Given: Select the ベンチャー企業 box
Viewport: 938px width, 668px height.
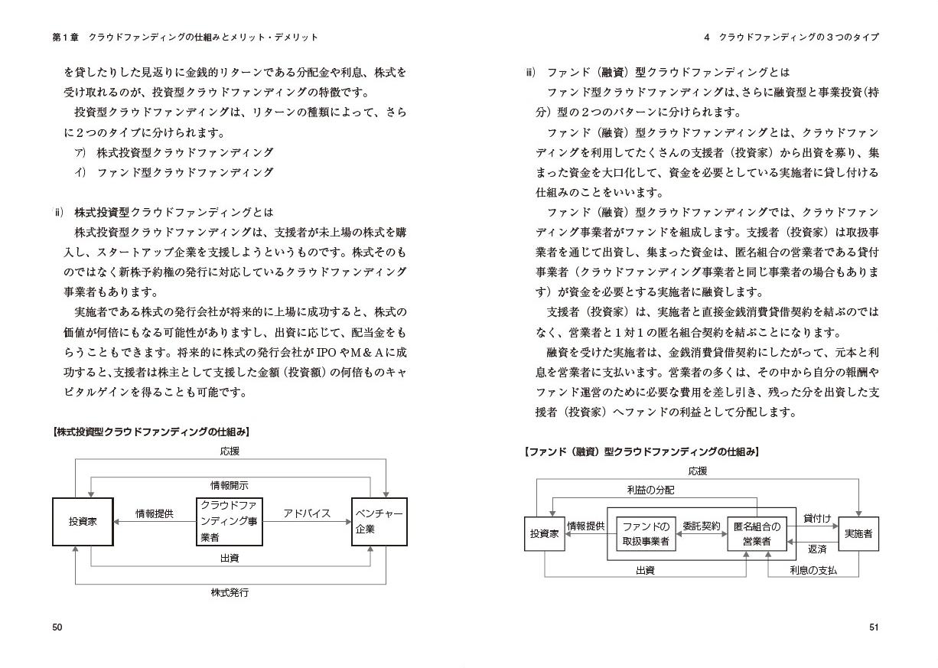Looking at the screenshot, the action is coord(379,521).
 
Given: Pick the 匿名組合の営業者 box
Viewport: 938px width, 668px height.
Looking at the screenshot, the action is coord(757,534).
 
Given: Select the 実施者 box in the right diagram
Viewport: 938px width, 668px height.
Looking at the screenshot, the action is coord(858,534).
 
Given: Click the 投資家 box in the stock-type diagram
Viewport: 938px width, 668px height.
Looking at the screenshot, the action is coord(83,521).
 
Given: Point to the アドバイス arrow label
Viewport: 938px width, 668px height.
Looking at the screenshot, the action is coord(307,513).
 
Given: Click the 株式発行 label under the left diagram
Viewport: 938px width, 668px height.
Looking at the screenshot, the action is coord(230,592).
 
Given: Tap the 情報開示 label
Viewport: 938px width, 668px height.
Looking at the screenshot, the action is coord(230,485).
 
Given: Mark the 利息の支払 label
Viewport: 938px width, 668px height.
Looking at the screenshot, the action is coord(813,570).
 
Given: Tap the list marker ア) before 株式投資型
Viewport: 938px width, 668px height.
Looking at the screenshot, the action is coord(79,152).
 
